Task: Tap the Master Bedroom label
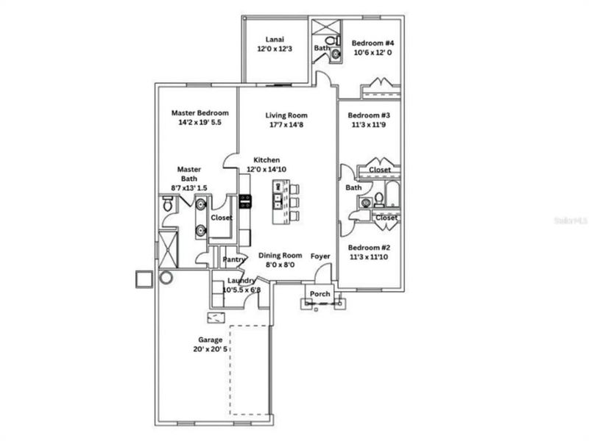click(200, 113)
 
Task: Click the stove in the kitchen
click(245, 202)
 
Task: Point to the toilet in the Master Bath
click(167, 209)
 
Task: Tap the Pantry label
click(234, 259)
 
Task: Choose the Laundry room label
click(241, 281)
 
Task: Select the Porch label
click(320, 294)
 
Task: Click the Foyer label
click(320, 256)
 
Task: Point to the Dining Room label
click(280, 255)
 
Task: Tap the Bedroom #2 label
click(369, 248)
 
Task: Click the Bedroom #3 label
click(369, 115)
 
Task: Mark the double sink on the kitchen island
click(278, 199)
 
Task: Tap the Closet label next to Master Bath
click(222, 218)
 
